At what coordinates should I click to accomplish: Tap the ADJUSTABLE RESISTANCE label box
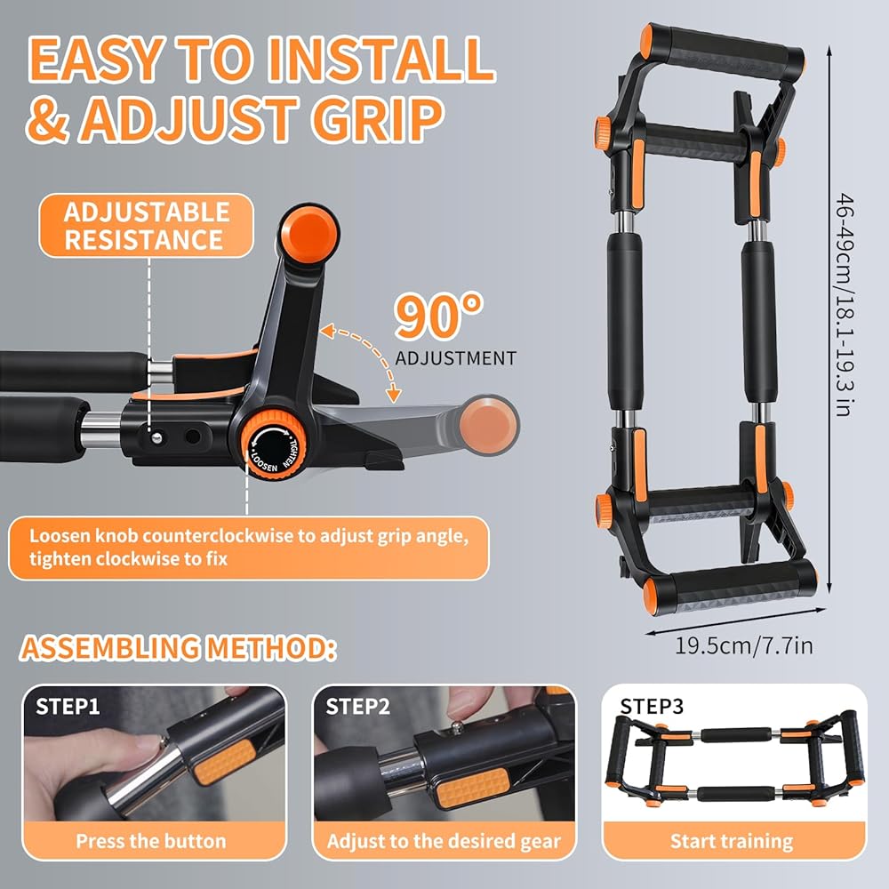click(x=147, y=226)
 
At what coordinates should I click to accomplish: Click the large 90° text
click(x=439, y=316)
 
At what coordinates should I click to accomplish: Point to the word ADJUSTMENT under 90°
click(x=456, y=358)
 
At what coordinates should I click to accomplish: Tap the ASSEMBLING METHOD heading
click(x=178, y=648)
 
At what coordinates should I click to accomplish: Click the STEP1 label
click(x=68, y=707)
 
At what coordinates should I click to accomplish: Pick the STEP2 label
click(x=357, y=707)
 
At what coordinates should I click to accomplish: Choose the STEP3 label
click(x=652, y=707)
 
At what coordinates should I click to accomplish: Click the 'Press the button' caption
click(x=151, y=841)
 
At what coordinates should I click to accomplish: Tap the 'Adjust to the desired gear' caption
click(x=444, y=841)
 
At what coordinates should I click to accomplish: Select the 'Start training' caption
click(x=732, y=841)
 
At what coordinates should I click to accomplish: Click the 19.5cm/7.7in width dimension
click(x=743, y=645)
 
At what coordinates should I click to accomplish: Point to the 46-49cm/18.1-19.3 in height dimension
click(x=845, y=306)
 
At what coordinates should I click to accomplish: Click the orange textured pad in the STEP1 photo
click(x=225, y=762)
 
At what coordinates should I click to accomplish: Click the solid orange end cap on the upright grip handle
click(x=309, y=235)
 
